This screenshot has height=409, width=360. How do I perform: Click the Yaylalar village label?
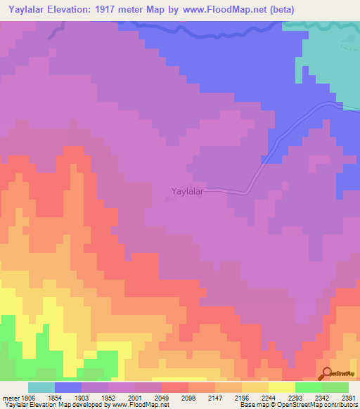(x=187, y=190)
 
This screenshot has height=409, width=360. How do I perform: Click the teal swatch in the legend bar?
(x=41, y=387)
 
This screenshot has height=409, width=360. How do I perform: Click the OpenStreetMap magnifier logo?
(x=327, y=374)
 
